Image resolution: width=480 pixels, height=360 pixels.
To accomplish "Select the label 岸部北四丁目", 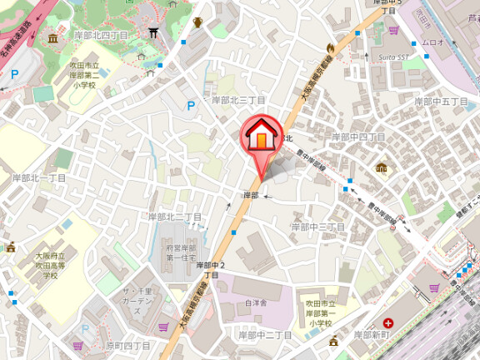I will (101, 35).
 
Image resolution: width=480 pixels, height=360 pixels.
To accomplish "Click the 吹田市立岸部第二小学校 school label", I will (84, 75).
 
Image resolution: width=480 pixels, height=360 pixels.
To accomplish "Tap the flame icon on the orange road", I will (332, 47).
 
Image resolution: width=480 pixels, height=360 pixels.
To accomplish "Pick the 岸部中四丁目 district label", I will (358, 136).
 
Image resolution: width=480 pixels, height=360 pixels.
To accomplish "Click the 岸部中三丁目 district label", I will (317, 226).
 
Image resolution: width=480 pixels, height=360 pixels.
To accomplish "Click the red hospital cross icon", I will (388, 323).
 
